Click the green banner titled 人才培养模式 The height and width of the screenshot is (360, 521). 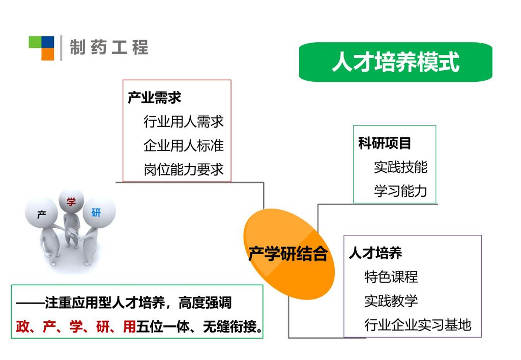[395, 62]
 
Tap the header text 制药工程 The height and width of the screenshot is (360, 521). [109, 47]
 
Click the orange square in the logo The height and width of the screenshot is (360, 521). [47, 54]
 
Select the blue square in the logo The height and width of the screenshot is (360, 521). [47, 42]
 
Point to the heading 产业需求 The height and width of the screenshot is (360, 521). [154, 98]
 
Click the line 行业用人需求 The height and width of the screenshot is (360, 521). [184, 122]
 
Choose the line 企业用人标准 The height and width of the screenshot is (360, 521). [184, 145]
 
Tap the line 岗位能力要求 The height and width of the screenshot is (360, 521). [184, 169]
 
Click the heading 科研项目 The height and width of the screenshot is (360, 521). [385, 143]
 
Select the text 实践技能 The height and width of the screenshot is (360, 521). [401, 167]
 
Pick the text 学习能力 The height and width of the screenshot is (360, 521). [401, 191]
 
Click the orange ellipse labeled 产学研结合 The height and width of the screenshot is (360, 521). [289, 254]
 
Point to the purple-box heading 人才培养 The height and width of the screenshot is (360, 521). [375, 253]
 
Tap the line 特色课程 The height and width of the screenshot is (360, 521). [391, 277]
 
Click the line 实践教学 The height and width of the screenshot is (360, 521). [391, 301]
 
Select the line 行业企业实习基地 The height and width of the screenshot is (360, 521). [418, 325]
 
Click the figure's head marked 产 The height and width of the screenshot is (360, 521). [41, 213]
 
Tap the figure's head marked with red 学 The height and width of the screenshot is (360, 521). [71, 201]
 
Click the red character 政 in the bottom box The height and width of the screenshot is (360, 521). [22, 327]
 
